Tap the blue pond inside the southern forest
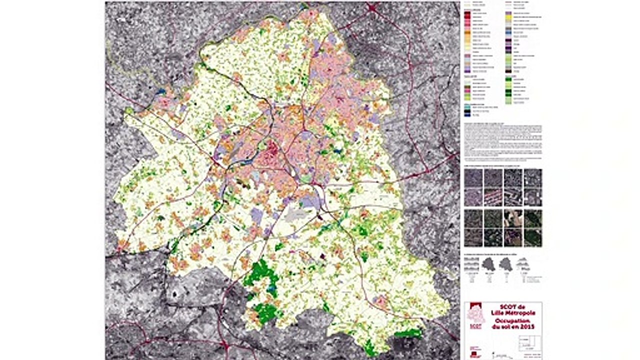coord(272,288)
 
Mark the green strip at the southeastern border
coord(408,332)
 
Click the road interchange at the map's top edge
coord(372,7)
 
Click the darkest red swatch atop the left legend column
coord(468,13)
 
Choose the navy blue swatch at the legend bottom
coord(468,114)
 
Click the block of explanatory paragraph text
coord(503,142)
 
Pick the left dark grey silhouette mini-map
coord(488,265)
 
